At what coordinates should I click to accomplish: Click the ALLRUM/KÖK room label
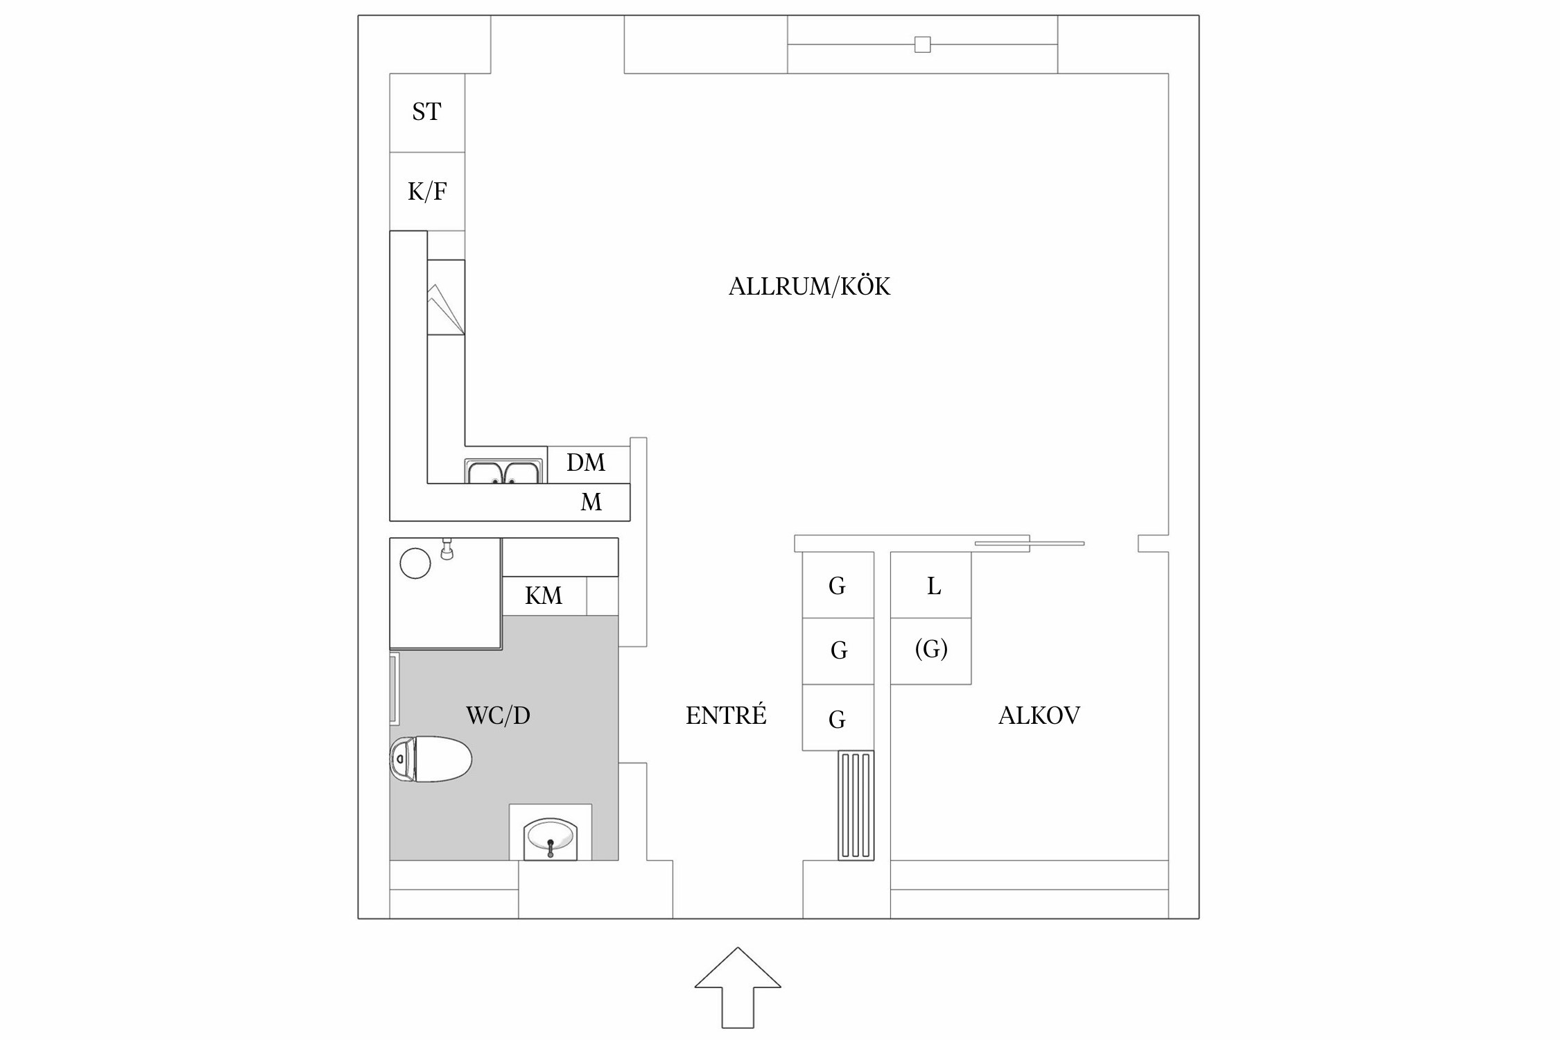point(809,286)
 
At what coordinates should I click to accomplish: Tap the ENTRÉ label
point(726,716)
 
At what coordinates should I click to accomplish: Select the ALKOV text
point(1039,716)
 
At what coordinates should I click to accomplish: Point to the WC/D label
point(498,716)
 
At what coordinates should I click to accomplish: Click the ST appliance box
point(426,112)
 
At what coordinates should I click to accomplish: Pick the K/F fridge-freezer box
point(426,191)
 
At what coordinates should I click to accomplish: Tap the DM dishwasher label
point(586,462)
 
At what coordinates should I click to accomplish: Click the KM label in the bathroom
point(544,596)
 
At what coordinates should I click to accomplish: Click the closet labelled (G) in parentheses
point(931,650)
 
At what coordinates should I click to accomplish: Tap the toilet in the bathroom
point(431,759)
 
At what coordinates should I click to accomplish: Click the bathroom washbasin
point(551,836)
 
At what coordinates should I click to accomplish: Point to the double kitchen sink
point(504,472)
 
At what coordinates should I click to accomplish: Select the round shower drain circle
point(415,563)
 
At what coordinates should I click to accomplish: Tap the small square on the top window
point(922,44)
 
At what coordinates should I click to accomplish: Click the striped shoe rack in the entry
point(856,805)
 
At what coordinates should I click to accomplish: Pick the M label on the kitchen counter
point(591,502)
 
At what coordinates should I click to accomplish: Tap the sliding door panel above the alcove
point(1030,544)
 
